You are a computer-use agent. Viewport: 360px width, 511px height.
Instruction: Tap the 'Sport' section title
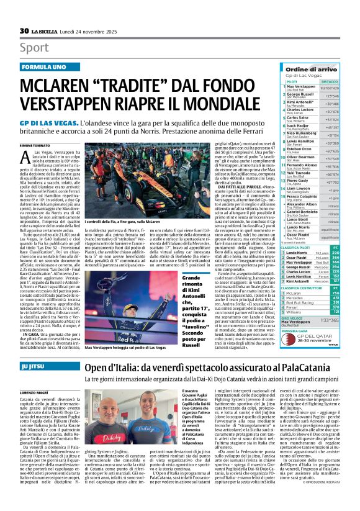[x=34, y=47]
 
